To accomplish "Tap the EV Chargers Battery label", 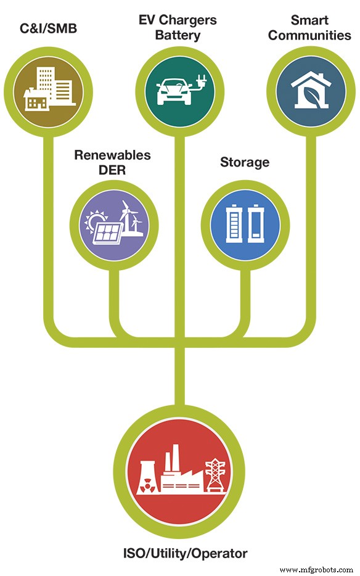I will [x=178, y=28].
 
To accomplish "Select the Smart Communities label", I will [x=309, y=28].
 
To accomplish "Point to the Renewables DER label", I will [x=112, y=162].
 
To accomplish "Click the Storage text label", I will [x=245, y=162].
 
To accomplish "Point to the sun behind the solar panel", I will [x=98, y=220].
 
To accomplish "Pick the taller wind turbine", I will [x=125, y=216].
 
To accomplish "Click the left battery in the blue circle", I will [x=235, y=226].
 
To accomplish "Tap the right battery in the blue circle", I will [x=256, y=226].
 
